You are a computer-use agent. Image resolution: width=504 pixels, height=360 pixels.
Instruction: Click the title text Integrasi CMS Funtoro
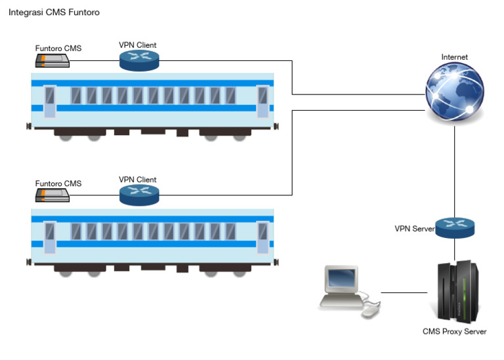click(x=54, y=12)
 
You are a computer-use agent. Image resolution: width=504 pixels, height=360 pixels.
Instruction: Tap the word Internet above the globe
click(x=454, y=57)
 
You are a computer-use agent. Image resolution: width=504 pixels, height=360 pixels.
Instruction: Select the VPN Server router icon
click(x=455, y=227)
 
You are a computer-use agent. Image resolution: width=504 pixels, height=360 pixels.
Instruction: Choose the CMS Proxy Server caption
click(x=454, y=332)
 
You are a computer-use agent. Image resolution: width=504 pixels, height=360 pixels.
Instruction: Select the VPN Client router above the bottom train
click(x=138, y=194)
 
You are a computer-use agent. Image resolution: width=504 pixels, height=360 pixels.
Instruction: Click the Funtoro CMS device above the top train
click(x=52, y=61)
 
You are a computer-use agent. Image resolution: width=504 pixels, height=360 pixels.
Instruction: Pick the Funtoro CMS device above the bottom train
click(x=52, y=195)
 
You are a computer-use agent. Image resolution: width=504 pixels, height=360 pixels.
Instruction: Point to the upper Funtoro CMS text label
click(x=58, y=48)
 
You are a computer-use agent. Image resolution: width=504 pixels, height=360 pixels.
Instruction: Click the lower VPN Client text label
click(x=138, y=180)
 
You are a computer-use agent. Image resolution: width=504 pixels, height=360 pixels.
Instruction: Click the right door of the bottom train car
click(x=262, y=237)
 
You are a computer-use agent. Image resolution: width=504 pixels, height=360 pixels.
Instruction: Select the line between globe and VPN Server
click(x=455, y=170)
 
